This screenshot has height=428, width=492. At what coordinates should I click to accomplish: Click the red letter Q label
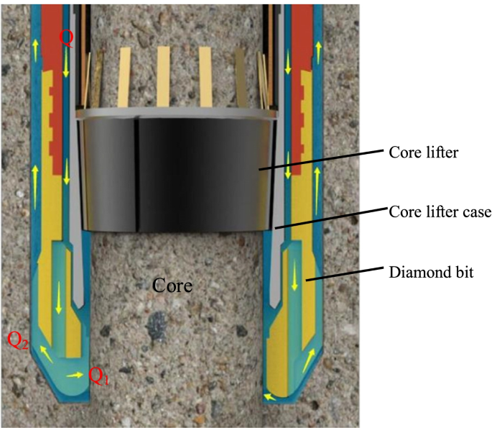66,39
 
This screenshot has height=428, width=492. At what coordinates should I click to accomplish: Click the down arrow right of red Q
67,66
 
